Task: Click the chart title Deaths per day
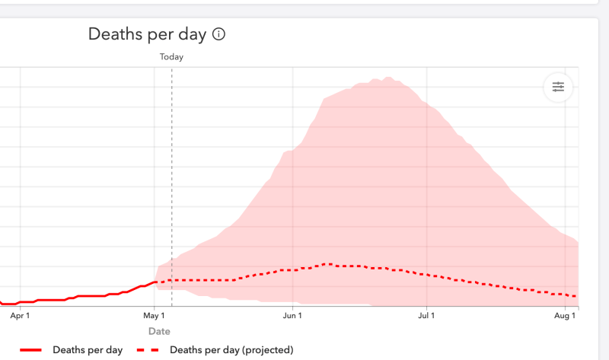tap(147, 34)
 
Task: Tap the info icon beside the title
tap(219, 34)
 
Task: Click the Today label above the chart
tap(171, 56)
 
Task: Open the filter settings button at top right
tap(558, 88)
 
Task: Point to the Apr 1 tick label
tap(20, 314)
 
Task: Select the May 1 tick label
tap(154, 314)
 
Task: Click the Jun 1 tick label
tap(292, 314)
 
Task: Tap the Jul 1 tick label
tap(426, 314)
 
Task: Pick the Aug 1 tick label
tap(565, 314)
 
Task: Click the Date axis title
tap(159, 331)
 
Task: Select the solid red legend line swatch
tap(30, 350)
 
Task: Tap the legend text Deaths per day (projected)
tap(231, 350)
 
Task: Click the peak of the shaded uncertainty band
tap(388, 78)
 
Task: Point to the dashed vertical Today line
tap(172, 183)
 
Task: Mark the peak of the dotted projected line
tap(327, 264)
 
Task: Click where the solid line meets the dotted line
tap(156, 282)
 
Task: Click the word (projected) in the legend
tap(266, 350)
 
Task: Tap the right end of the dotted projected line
tap(576, 296)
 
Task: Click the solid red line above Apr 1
tap(20, 301)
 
